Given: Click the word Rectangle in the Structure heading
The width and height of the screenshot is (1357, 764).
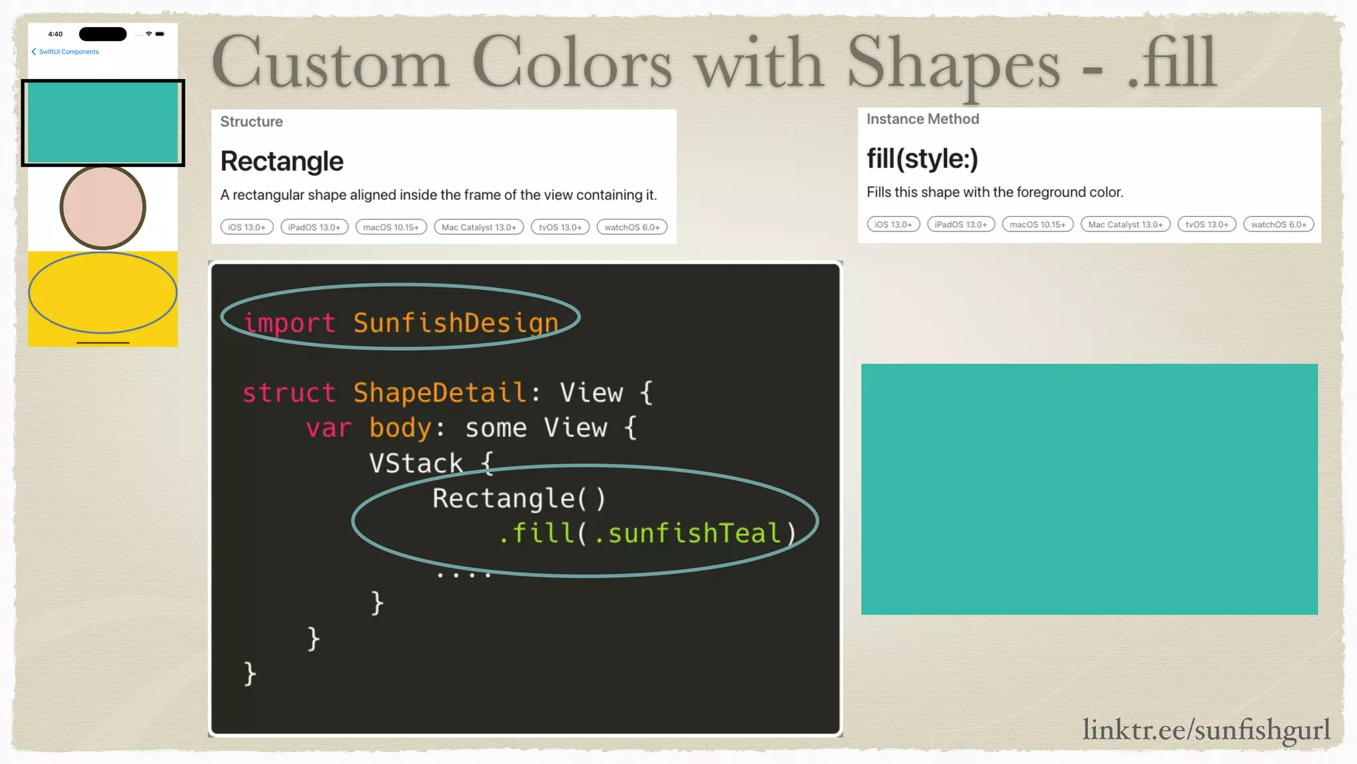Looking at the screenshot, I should pyautogui.click(x=282, y=161).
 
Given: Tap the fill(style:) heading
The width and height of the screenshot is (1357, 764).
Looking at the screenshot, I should pyautogui.click(x=922, y=159).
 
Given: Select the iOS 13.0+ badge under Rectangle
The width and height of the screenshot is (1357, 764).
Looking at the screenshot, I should pyautogui.click(x=246, y=227).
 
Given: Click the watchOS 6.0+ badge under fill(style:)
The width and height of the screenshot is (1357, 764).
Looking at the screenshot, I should pyautogui.click(x=1278, y=224).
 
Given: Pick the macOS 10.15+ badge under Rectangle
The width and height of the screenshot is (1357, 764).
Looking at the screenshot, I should pyautogui.click(x=391, y=227).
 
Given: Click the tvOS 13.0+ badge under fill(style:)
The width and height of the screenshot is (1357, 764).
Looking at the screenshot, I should pyautogui.click(x=1207, y=224).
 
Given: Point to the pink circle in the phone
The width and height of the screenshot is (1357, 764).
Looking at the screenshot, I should pyautogui.click(x=103, y=207).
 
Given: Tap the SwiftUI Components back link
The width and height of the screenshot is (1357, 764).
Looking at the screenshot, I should pyautogui.click(x=68, y=52).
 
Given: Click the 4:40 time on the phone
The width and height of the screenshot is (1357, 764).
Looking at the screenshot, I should pyautogui.click(x=56, y=34).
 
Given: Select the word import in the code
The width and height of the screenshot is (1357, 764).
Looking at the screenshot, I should pyautogui.click(x=290, y=323).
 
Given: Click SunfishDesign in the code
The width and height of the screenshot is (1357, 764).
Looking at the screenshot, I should pyautogui.click(x=456, y=323).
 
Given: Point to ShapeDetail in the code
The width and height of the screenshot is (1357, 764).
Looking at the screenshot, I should pyautogui.click(x=440, y=393).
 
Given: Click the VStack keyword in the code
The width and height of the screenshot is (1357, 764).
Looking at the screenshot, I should pyautogui.click(x=415, y=463).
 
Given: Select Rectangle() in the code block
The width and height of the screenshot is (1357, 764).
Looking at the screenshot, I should pyautogui.click(x=518, y=498).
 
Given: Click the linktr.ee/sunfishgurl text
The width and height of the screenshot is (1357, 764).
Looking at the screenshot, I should pyautogui.click(x=1206, y=730).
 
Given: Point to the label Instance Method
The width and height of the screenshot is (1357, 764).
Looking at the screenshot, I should pyautogui.click(x=922, y=119).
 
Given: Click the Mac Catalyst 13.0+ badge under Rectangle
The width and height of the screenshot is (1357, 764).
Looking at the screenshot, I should pyautogui.click(x=478, y=227).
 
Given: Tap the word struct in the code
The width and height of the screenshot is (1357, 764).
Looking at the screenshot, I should pyautogui.click(x=289, y=393).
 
